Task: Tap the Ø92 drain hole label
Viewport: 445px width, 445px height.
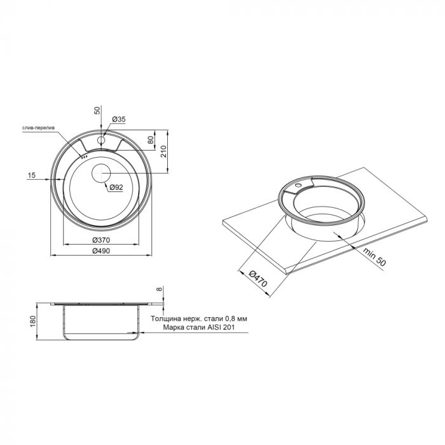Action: coord(115,188)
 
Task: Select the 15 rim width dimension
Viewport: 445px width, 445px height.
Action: coord(31,175)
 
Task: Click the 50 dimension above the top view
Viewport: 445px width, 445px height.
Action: coord(97,109)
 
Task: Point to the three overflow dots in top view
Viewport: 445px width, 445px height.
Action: coord(83,156)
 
